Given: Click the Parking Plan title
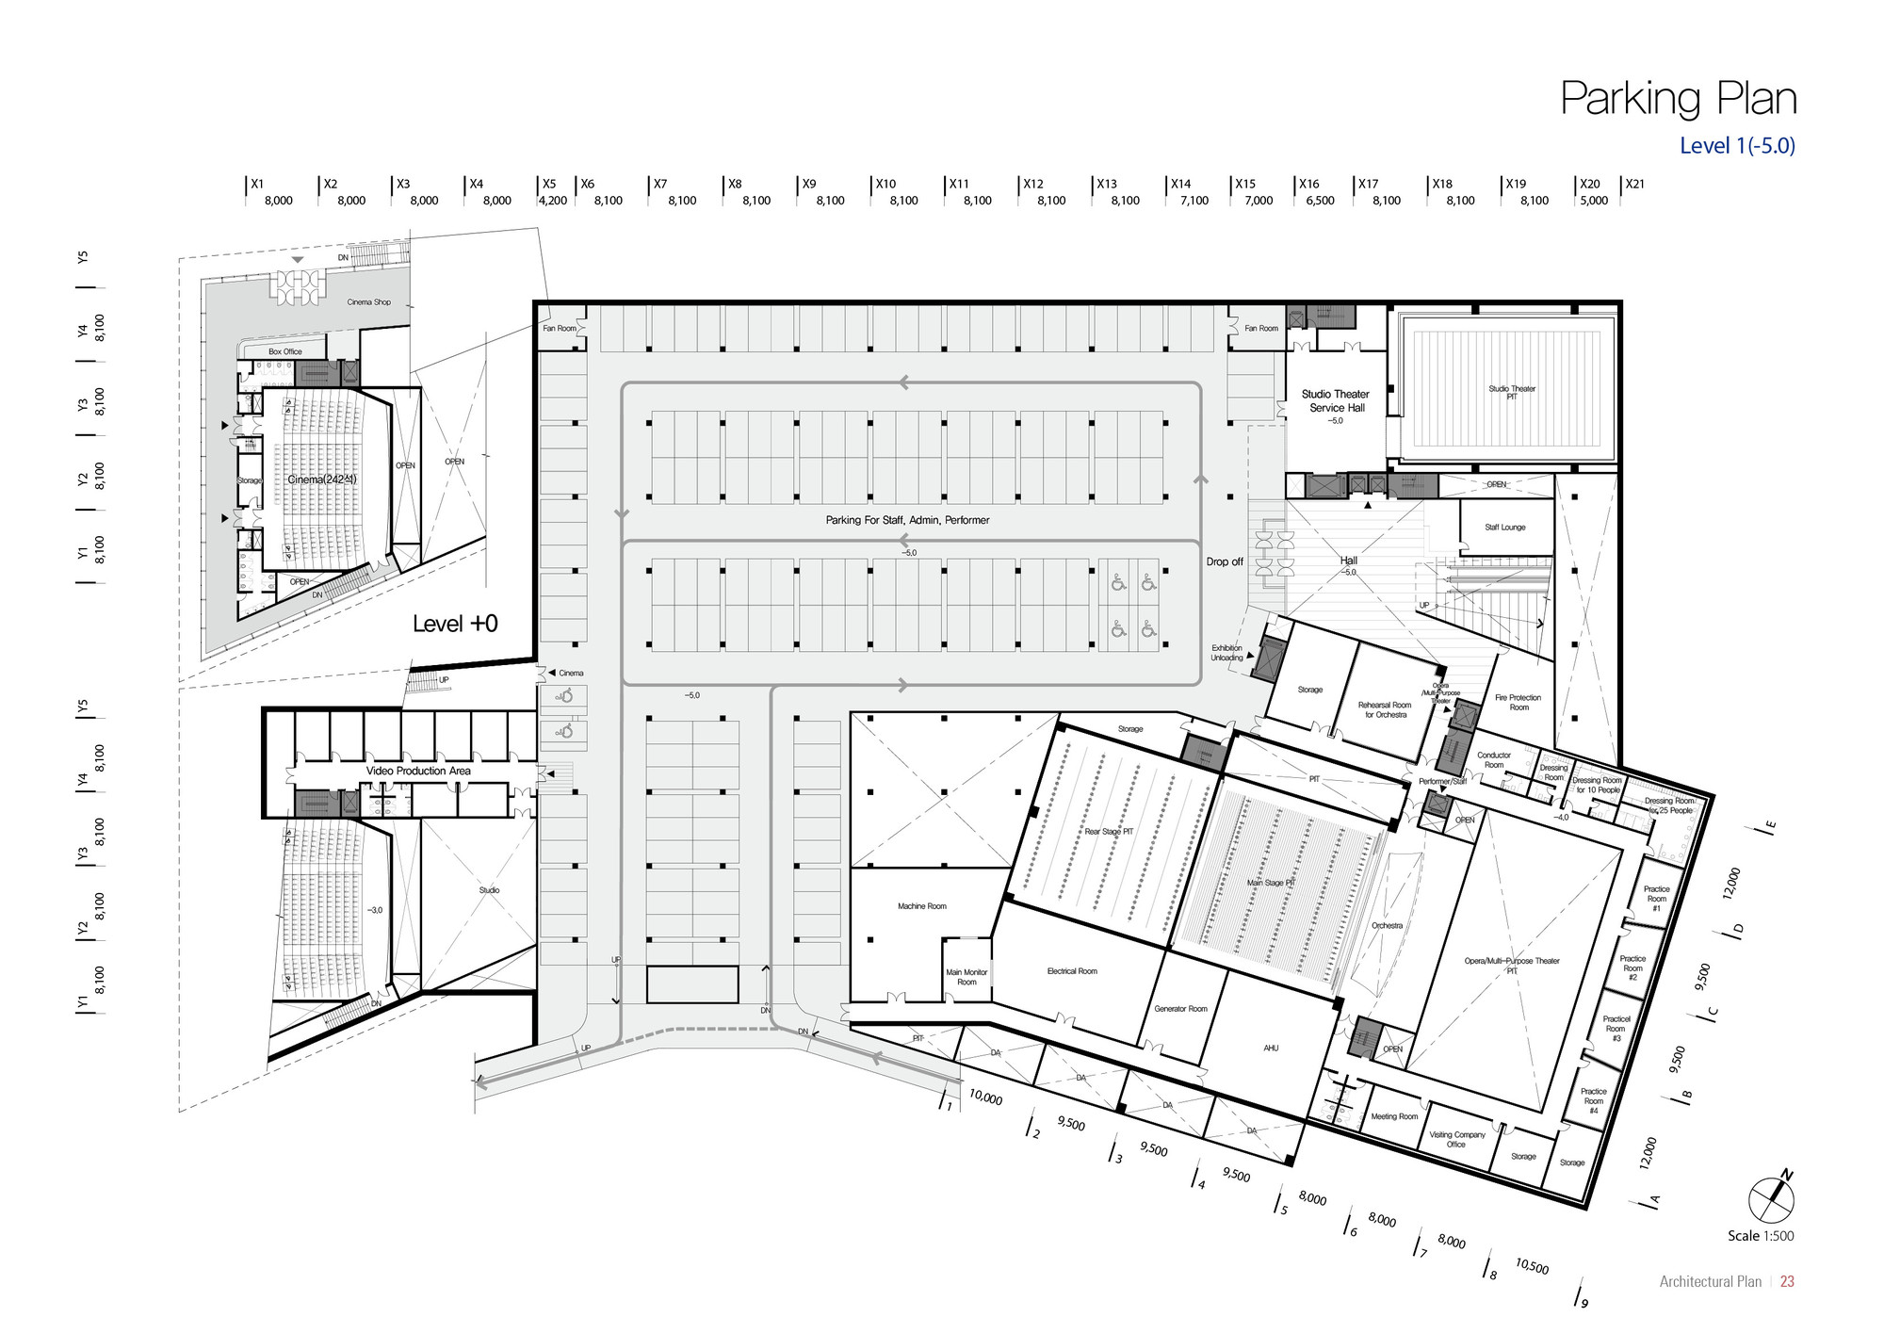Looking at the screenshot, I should [1678, 99].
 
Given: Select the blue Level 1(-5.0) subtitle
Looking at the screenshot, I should [1737, 146].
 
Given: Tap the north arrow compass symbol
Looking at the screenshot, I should [1771, 1199].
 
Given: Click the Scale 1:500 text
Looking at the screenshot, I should [1760, 1236].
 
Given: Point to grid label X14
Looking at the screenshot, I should [1180, 185].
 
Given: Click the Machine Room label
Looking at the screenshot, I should [921, 906].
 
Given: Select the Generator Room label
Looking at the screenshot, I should [1180, 1009].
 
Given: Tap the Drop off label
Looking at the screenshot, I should [1225, 561].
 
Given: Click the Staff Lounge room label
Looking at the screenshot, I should [1504, 528].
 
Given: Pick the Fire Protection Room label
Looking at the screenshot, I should [1519, 703].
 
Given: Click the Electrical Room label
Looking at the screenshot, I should [1072, 971].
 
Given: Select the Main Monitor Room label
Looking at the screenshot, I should [966, 977].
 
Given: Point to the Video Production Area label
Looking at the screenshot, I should [418, 771].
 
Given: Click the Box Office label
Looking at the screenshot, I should [285, 351].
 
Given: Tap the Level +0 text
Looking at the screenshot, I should [455, 624].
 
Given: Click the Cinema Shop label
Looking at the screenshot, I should [368, 302].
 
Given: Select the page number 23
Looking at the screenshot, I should [1787, 1281].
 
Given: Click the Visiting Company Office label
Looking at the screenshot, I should [1456, 1139].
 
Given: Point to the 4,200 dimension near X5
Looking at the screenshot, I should [552, 201].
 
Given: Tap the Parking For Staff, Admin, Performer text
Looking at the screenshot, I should [907, 520].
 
